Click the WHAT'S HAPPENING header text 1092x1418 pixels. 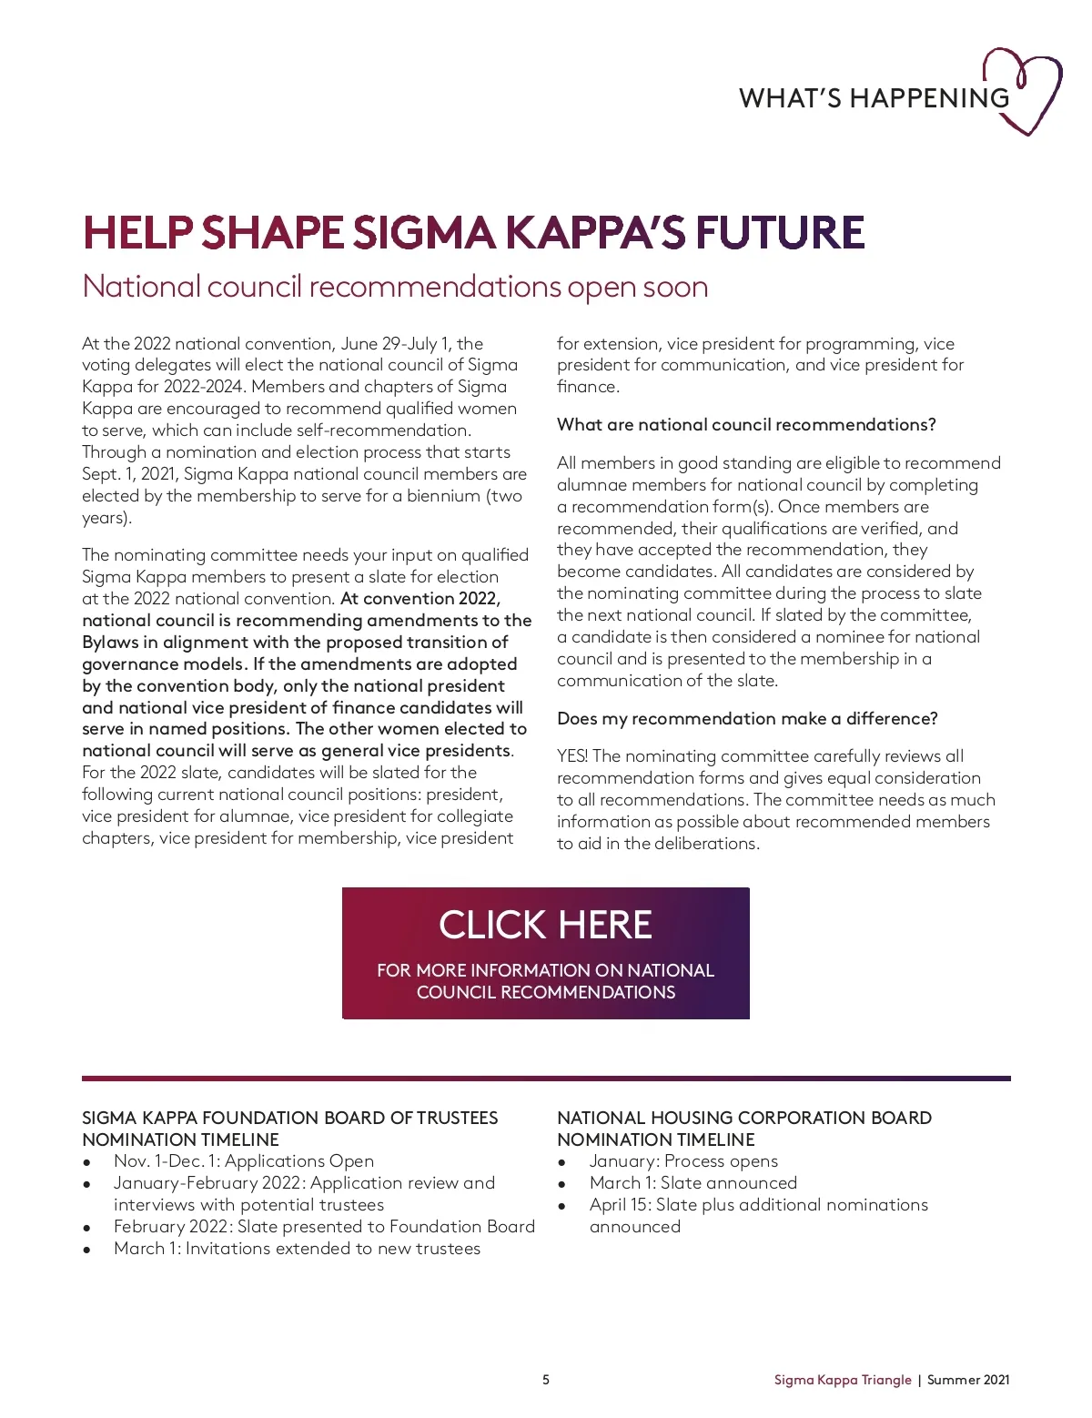pyautogui.click(x=874, y=98)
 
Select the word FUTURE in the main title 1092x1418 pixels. pyautogui.click(x=780, y=233)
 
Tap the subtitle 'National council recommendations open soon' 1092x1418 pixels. pyautogui.click(x=395, y=287)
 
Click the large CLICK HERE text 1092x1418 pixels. pyautogui.click(x=545, y=925)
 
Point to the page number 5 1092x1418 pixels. pyautogui.click(x=546, y=1380)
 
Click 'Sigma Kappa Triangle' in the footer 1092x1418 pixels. pyautogui.click(x=842, y=1380)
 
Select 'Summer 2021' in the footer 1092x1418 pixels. pyautogui.click(x=968, y=1380)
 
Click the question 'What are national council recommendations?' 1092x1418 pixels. pyautogui.click(x=746, y=425)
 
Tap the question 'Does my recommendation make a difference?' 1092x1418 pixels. pyautogui.click(x=747, y=719)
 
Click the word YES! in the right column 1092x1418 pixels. pyautogui.click(x=572, y=756)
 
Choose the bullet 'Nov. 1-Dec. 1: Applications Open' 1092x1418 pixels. pyautogui.click(x=244, y=1161)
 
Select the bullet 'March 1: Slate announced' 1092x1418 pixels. pyautogui.click(x=693, y=1183)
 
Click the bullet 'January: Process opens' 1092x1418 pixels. pyautogui.click(x=683, y=1161)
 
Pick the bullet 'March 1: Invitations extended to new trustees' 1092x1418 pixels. pyautogui.click(x=297, y=1249)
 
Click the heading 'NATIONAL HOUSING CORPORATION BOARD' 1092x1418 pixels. pyautogui.click(x=744, y=1118)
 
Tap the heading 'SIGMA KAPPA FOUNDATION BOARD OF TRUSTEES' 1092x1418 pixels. pyautogui.click(x=289, y=1118)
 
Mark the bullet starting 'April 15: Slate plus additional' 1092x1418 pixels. pyautogui.click(x=758, y=1205)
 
